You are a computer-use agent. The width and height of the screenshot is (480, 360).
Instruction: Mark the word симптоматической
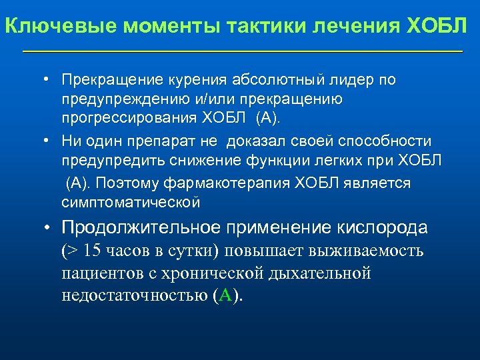(x=131, y=201)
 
